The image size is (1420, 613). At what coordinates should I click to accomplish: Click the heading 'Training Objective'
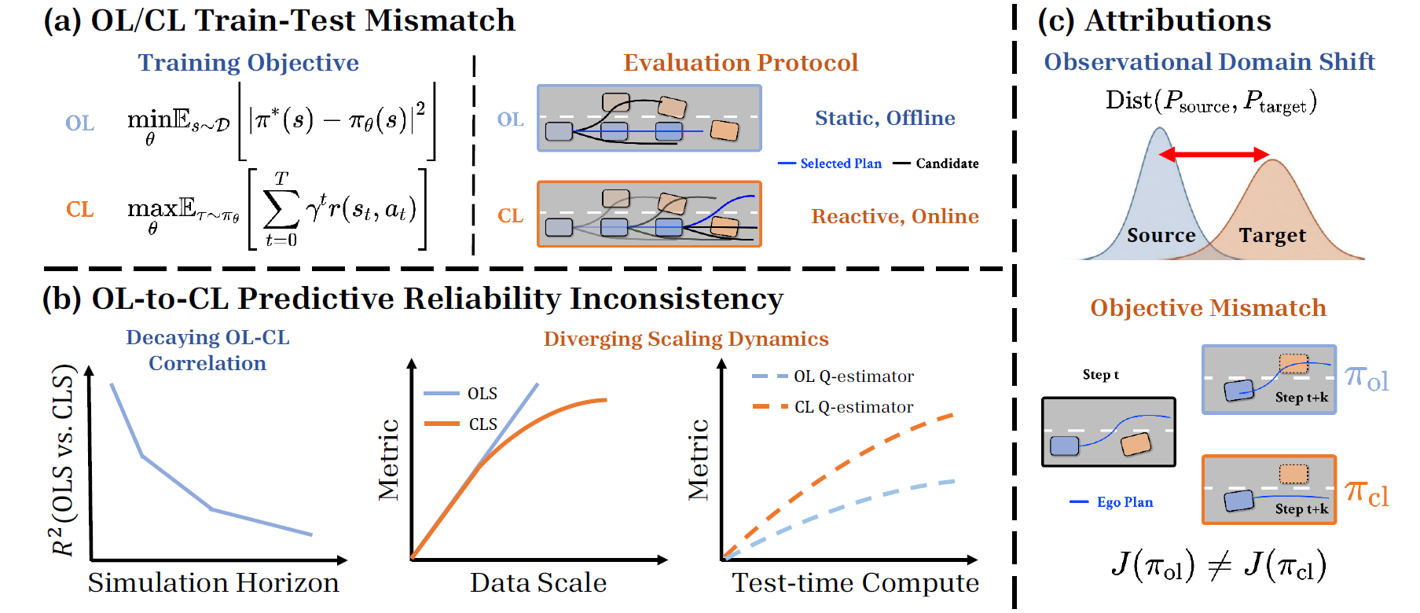[x=248, y=63]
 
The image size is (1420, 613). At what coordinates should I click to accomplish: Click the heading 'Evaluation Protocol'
[x=740, y=63]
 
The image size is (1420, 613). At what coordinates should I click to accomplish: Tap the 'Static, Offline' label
[x=885, y=118]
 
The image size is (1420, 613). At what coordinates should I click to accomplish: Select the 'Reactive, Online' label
[x=895, y=216]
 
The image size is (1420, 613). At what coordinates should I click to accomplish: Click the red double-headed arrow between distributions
[x=1214, y=155]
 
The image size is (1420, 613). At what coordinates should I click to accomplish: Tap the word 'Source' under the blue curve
[x=1161, y=236]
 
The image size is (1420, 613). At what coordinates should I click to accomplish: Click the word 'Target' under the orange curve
[x=1272, y=236]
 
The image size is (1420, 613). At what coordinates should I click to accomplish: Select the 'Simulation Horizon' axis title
[x=213, y=583]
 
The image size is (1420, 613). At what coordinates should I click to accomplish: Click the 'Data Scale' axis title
[x=538, y=583]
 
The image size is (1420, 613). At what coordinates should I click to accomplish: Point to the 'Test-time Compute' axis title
[x=855, y=583]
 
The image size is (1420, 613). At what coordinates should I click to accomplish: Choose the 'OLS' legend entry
[x=482, y=394]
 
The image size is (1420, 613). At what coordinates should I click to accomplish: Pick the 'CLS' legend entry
[x=483, y=424]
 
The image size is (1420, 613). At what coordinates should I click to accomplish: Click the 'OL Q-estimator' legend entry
[x=853, y=376]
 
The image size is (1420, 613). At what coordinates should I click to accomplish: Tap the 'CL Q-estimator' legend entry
[x=853, y=407]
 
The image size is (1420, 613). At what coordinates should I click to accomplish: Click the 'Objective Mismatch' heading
[x=1208, y=308]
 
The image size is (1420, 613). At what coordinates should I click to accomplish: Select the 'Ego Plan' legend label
[x=1125, y=502]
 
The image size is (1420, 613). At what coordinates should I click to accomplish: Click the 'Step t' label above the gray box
[x=1100, y=375]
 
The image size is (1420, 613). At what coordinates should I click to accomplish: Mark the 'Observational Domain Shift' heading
[x=1209, y=62]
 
